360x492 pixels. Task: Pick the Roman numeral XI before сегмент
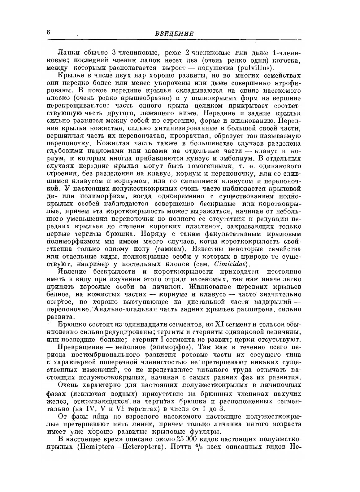(x=219, y=324)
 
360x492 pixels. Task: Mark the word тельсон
(x=272, y=324)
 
